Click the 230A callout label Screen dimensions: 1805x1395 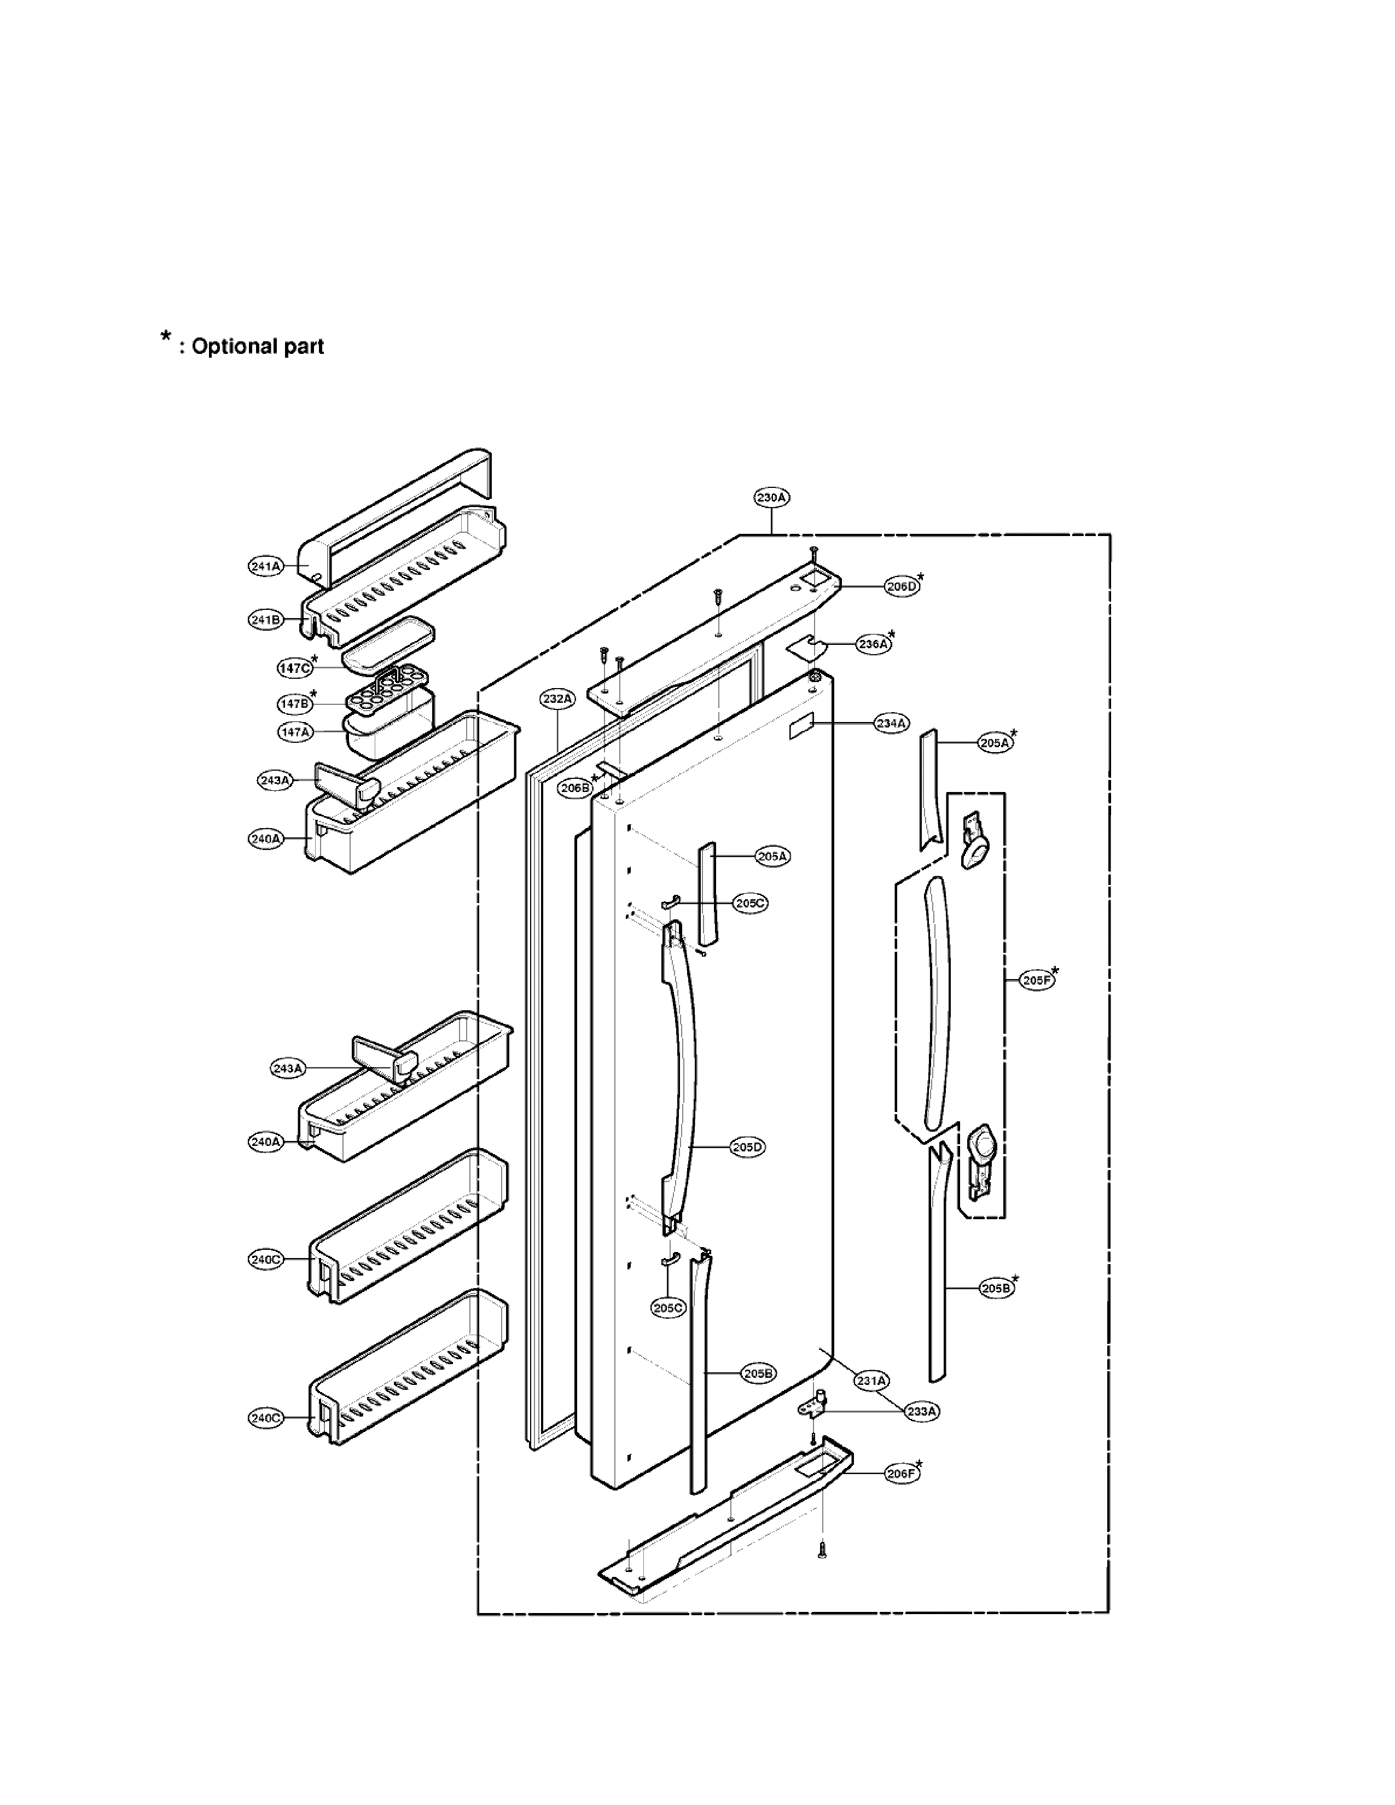click(771, 498)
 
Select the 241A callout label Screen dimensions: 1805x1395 click(266, 566)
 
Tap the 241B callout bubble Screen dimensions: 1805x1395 click(266, 620)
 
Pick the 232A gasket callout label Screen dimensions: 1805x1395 click(557, 698)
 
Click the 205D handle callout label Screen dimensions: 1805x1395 click(747, 1147)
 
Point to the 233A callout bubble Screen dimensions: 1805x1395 click(921, 1412)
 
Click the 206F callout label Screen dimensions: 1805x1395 click(901, 1473)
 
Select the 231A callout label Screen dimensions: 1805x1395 click(871, 1380)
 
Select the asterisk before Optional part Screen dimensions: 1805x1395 click(166, 337)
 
